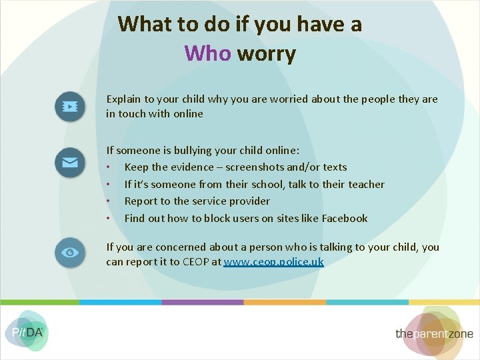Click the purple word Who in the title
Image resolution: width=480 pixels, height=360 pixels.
[207, 53]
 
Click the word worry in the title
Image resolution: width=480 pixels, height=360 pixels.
[266, 53]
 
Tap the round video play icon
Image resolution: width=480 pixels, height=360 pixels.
[70, 107]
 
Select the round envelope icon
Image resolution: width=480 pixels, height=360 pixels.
[70, 162]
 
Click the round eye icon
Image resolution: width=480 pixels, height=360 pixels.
[70, 253]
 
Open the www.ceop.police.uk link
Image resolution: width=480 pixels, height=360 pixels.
[273, 262]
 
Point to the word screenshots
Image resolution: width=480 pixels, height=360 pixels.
[256, 167]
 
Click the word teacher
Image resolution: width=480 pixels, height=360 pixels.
[366, 184]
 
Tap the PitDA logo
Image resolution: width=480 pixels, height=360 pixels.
[27, 331]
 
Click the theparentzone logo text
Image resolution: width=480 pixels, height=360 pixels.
[434, 333]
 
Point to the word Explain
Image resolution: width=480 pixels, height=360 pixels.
[124, 99]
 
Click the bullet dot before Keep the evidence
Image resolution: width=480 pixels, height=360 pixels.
[108, 167]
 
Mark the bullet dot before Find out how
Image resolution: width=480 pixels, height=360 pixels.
[108, 219]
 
